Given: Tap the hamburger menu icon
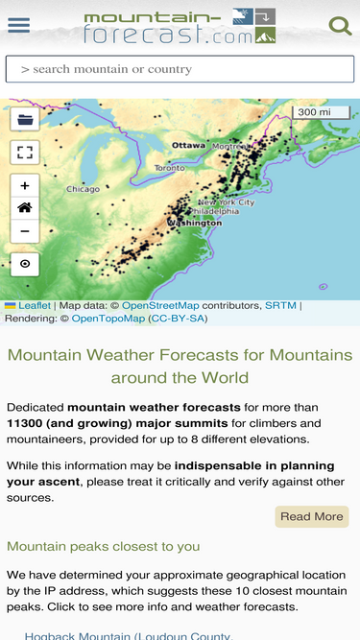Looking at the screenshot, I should tap(18, 26).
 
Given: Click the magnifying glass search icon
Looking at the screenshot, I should tap(340, 26).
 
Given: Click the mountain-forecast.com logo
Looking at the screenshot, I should tap(180, 27).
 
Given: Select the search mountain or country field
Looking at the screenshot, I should tap(180, 69).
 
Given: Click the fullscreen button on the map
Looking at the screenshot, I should tap(25, 153).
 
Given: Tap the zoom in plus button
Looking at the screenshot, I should tap(25, 186).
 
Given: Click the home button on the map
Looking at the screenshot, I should tap(25, 208).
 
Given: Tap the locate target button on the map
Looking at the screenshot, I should tap(25, 264).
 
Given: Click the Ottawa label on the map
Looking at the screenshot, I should tap(188, 145).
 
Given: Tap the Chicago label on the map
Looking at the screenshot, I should tap(83, 189).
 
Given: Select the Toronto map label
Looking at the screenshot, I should tap(169, 167).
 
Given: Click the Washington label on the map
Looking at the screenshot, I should tap(194, 223).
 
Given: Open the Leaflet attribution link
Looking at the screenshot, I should tap(35, 305).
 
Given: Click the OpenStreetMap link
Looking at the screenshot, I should tap(160, 305).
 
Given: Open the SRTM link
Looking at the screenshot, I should tap(280, 305).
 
